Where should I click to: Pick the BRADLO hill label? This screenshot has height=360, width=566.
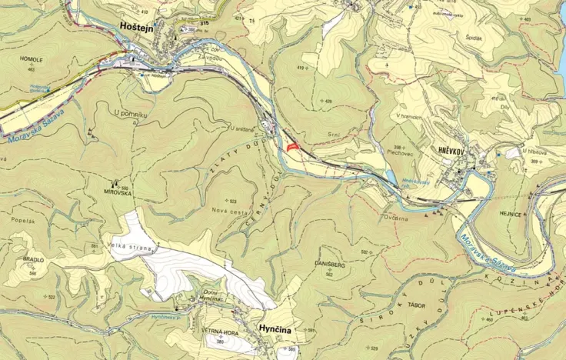point(33,260)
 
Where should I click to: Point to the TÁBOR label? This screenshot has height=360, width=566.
point(396,305)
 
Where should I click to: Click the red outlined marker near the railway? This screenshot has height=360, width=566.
point(292,146)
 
